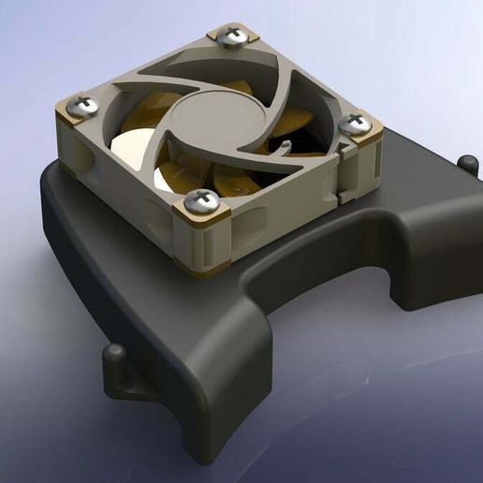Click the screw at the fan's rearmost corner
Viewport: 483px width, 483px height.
coord(230,37)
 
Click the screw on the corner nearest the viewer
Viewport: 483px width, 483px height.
coord(200,199)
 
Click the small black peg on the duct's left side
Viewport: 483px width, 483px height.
coord(114,354)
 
